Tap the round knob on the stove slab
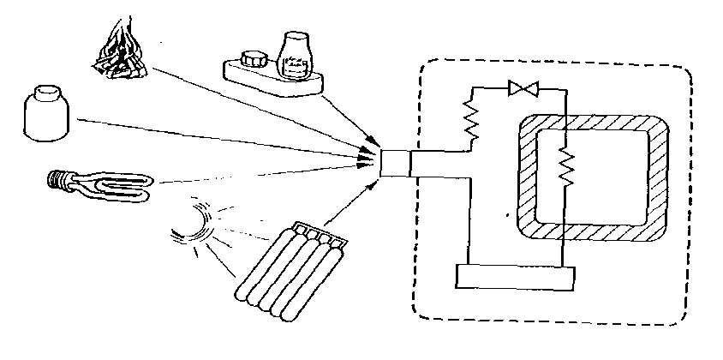coord(255,61)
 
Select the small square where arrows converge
coord(395,163)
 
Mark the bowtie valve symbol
coord(521,87)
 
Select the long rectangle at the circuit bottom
coord(514,277)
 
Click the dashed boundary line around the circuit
coord(414,257)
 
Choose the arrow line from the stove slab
coord(347,115)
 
